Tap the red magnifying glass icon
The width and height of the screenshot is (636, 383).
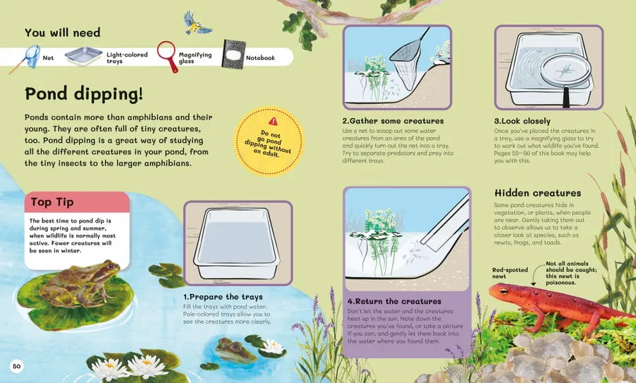pyautogui.click(x=167, y=56)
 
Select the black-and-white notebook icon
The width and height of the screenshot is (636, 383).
pyautogui.click(x=233, y=54)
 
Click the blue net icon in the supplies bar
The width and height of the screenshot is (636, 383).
pyautogui.click(x=25, y=59)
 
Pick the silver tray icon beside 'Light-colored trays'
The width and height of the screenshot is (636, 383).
pyautogui.click(x=83, y=57)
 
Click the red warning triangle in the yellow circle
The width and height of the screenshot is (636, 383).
pyautogui.click(x=273, y=121)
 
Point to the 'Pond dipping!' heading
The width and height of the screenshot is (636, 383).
pyautogui.click(x=84, y=94)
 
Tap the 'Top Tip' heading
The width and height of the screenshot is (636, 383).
pyautogui.click(x=52, y=202)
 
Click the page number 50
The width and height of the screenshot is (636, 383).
pyautogui.click(x=16, y=366)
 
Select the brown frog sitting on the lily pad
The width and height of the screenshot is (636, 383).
pyautogui.click(x=79, y=283)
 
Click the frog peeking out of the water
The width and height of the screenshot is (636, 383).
pyautogui.click(x=234, y=350)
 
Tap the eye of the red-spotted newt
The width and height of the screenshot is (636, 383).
pyautogui.click(x=504, y=290)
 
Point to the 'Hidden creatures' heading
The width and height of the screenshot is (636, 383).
pyautogui.click(x=538, y=193)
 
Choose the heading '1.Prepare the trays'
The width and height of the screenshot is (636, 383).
pyautogui.click(x=223, y=297)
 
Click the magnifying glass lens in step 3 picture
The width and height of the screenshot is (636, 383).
pyautogui.click(x=565, y=70)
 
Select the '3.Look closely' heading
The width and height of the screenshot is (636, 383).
pyautogui.click(x=522, y=121)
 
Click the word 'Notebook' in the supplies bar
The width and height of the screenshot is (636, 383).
pyautogui.click(x=260, y=58)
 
